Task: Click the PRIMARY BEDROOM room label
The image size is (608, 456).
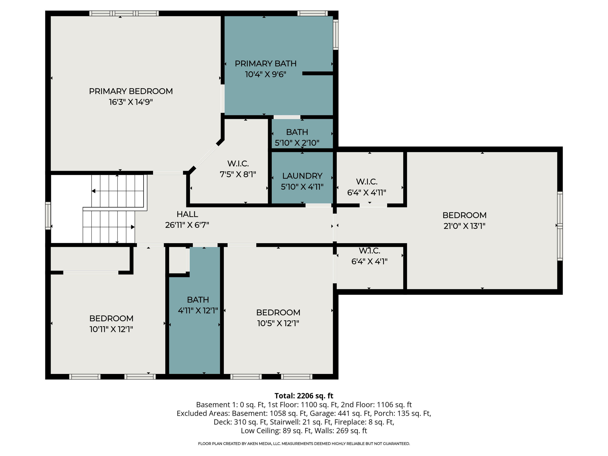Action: click(131, 91)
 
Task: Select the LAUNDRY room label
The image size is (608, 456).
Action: click(302, 176)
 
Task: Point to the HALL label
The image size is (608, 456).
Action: click(187, 214)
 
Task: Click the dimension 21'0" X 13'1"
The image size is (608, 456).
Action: click(464, 226)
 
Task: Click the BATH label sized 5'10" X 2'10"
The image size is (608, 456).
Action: click(297, 132)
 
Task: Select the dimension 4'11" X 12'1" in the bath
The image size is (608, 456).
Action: click(198, 311)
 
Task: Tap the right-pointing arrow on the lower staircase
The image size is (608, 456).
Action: click(133, 227)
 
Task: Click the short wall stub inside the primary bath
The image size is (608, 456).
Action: click(317, 73)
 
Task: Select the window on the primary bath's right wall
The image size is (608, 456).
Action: click(336, 35)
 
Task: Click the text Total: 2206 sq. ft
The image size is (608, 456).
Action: click(304, 396)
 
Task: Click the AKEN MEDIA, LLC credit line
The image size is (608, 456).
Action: click(304, 444)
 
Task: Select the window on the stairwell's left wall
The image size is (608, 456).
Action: click(48, 216)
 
